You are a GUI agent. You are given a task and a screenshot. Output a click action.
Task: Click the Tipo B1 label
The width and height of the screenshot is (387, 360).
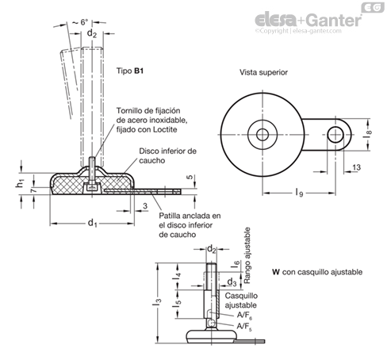tap(130, 71)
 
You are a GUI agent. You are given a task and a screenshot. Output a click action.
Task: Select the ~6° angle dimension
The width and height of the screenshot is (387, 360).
tap(80, 22)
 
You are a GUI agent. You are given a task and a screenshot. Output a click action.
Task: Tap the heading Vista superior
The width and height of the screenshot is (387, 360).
tap(263, 72)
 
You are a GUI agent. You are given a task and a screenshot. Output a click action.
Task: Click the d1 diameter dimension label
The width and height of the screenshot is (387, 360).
tap(92, 223)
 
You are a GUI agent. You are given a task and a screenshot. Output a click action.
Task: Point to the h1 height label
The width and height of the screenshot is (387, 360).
tap(21, 182)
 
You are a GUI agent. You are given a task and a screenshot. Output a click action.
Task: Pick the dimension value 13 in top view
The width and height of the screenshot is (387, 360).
tap(356, 167)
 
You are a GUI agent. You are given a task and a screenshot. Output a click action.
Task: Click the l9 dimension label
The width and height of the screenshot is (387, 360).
tap(299, 192)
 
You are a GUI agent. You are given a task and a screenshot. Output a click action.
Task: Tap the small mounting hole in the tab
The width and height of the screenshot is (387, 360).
tap(335, 135)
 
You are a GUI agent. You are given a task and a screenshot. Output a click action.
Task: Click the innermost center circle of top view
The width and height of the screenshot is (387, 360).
tap(262, 135)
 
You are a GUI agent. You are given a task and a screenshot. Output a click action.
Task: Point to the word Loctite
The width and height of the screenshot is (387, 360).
tap(163, 129)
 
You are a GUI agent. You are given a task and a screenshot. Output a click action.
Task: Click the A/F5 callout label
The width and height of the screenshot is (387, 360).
tap(244, 327)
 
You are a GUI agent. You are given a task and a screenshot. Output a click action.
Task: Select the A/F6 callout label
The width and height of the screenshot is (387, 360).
tap(244, 315)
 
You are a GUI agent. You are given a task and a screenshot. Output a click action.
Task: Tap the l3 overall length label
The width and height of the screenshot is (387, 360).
tap(156, 302)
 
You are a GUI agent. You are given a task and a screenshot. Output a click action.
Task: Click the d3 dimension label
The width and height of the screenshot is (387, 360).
tap(232, 282)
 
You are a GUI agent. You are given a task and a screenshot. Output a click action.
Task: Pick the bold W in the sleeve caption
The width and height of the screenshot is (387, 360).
tap(276, 272)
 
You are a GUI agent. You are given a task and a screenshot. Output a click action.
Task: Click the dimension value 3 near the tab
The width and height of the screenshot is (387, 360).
tap(145, 206)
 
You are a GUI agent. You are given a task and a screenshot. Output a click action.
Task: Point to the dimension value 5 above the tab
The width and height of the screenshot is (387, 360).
tap(190, 177)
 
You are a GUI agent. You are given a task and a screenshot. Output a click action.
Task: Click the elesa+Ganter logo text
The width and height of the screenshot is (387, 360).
tap(308, 20)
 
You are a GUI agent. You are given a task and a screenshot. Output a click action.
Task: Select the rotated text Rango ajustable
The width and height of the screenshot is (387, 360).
tap(247, 255)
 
